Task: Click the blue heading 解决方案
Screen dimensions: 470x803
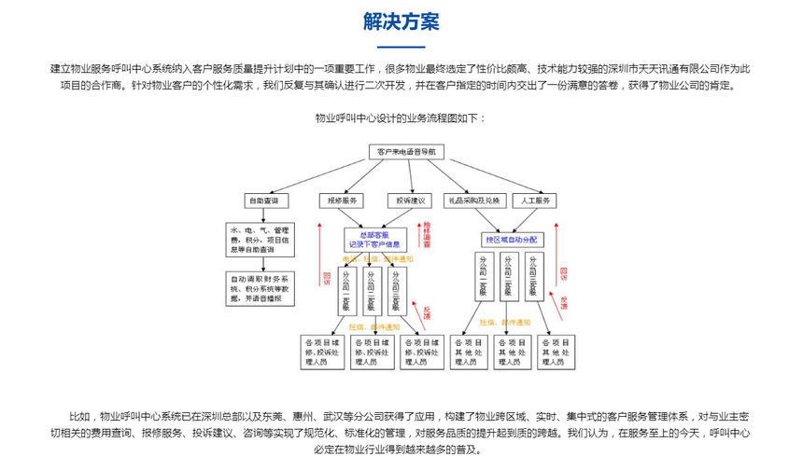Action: [401, 21]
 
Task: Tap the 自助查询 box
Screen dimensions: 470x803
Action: [261, 200]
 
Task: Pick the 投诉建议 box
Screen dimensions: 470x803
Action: [407, 200]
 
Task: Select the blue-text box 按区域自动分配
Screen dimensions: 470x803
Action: [510, 238]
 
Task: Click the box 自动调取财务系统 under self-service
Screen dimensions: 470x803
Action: [261, 288]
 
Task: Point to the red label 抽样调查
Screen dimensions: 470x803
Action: [426, 233]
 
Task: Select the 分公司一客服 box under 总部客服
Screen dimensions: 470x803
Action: [347, 290]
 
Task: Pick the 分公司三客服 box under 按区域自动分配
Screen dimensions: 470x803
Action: [533, 276]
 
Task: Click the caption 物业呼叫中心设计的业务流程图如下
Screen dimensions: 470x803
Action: [401, 118]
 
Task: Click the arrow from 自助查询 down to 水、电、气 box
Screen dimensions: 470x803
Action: [261, 214]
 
